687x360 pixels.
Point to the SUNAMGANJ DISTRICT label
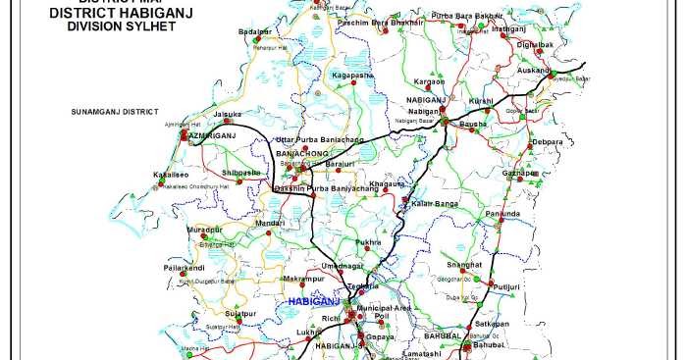114,113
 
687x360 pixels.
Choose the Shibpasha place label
241,172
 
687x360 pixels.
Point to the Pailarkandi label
184,267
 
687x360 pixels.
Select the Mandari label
270,223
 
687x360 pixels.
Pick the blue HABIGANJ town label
313,301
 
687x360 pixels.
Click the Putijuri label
505,286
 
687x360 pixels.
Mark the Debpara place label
548,142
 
